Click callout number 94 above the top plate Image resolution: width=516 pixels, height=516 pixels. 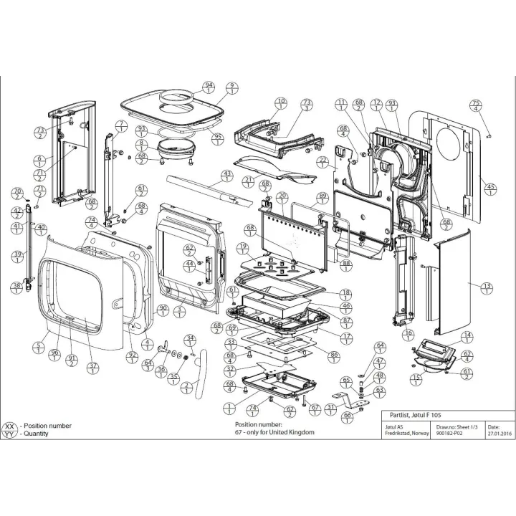[209, 88]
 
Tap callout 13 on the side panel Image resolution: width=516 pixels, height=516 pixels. [487, 288]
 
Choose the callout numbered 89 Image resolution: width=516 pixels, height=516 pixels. [322, 199]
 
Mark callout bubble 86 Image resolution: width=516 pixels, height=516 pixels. [334, 355]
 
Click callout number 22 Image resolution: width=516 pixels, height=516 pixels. [323, 163]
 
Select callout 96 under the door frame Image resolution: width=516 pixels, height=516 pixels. [54, 355]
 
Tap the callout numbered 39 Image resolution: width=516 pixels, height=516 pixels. [16, 257]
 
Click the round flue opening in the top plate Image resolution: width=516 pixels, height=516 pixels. [176, 100]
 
